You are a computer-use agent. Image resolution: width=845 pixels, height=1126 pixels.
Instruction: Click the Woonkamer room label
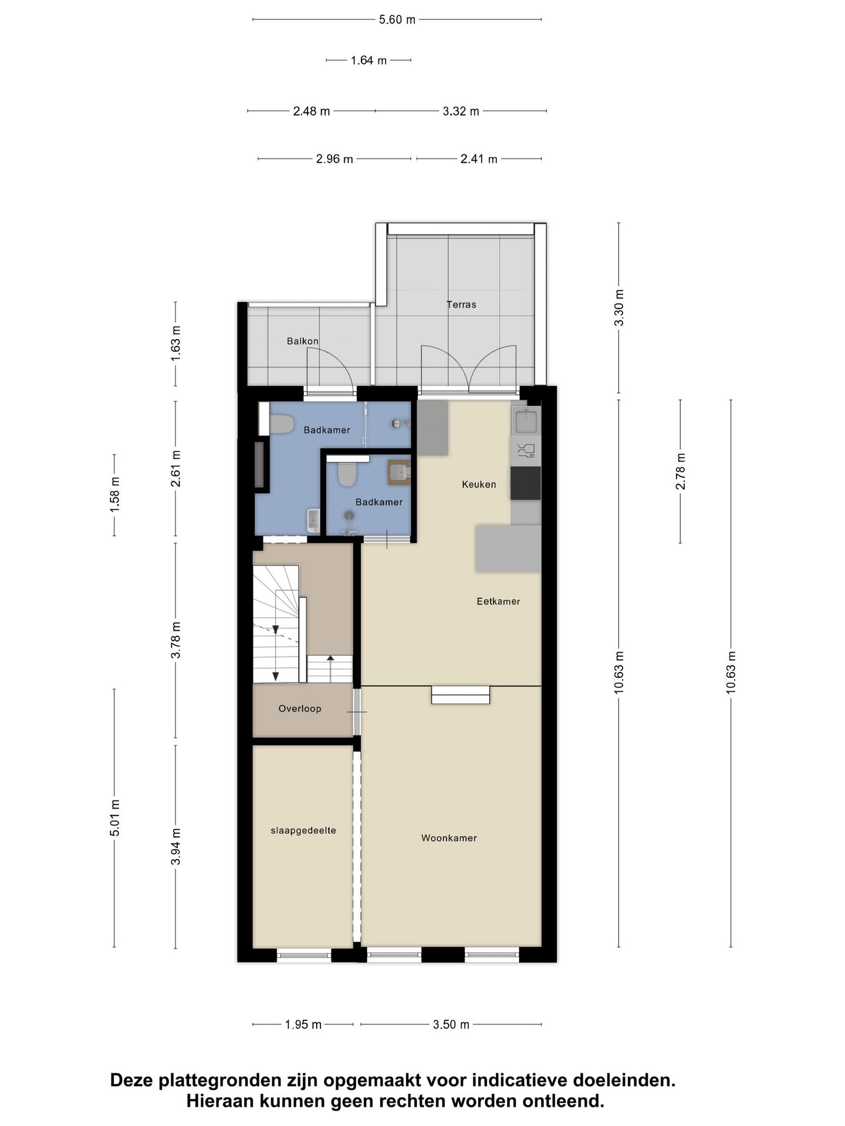[x=449, y=838]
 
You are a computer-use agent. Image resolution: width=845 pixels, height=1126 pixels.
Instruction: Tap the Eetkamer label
[x=498, y=601]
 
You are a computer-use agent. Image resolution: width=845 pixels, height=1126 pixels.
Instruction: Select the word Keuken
[x=479, y=484]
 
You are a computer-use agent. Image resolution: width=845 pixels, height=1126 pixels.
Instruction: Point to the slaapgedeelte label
[x=303, y=830]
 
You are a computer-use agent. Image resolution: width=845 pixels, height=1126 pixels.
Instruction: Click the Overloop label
[x=300, y=708]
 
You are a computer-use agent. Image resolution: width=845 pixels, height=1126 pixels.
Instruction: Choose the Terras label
[x=461, y=304]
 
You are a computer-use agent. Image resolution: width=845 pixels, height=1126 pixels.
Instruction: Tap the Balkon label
[x=303, y=341]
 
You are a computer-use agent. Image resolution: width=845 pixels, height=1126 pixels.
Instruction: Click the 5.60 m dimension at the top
[x=397, y=19]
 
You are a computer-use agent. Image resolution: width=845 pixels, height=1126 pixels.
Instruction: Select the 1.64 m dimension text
[x=369, y=60]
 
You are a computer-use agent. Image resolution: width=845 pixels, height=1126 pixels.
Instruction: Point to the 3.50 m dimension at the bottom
[x=451, y=1025]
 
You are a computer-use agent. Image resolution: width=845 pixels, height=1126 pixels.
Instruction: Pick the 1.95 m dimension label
[x=303, y=1025]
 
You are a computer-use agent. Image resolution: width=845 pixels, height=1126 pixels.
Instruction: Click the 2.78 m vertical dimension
[x=681, y=472]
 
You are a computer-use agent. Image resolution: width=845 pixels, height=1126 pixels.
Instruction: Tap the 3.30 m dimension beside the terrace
[x=619, y=308]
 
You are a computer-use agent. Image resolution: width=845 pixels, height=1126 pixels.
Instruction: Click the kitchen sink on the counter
[x=526, y=420]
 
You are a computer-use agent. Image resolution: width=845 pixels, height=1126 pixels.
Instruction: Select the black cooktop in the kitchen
[x=526, y=483]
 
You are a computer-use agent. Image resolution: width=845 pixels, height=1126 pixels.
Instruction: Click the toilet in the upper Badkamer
[x=282, y=424]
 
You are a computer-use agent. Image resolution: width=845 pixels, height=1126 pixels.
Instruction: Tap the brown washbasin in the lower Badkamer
[x=400, y=472]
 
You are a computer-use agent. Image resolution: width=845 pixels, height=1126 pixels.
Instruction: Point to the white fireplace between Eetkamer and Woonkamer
[x=461, y=695]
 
